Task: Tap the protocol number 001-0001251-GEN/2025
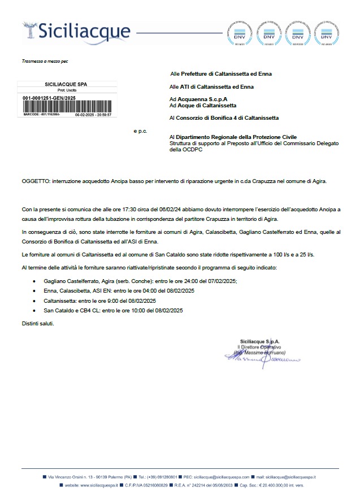coord(49,98)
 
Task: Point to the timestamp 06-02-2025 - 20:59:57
coord(93,114)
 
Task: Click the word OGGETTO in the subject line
coord(36,181)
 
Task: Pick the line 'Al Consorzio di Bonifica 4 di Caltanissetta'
coord(224,118)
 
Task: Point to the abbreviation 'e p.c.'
coord(140,131)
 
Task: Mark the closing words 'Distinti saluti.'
coord(39,324)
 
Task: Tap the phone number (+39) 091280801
coord(163,477)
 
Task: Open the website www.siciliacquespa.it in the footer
coord(91,485)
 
